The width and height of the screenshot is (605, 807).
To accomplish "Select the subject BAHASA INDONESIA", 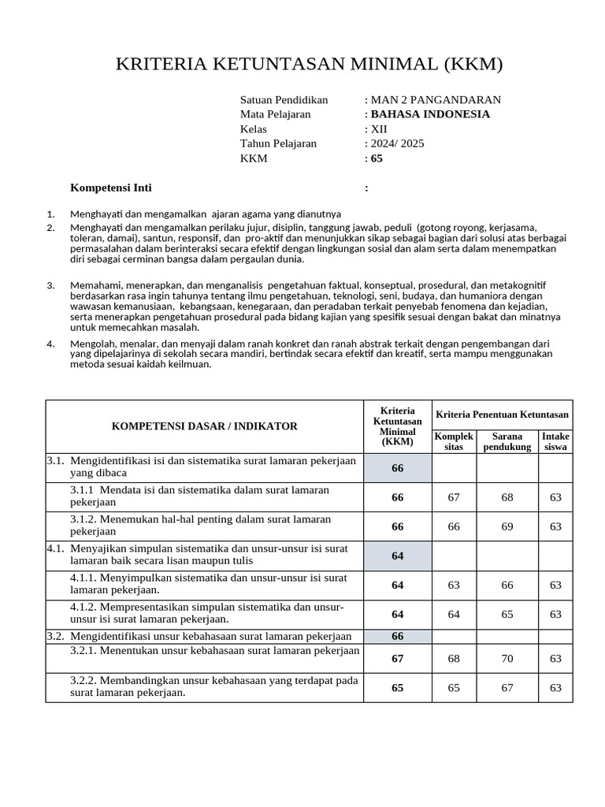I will point(430,114).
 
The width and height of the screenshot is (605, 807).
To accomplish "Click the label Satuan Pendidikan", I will point(284,100).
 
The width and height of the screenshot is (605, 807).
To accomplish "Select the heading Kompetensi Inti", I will point(111,188).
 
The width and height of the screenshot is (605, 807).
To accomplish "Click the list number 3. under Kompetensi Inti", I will point(51,285).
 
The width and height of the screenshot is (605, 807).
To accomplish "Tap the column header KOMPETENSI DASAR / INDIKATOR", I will point(205,426).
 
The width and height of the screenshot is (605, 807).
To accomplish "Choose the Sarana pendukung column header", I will point(507,441).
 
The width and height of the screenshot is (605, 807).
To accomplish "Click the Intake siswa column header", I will point(555,441).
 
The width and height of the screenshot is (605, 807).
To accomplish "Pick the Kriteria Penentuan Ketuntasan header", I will point(502,415).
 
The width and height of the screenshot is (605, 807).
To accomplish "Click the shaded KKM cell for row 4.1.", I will point(397,556).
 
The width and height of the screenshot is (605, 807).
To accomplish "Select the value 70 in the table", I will point(507,658).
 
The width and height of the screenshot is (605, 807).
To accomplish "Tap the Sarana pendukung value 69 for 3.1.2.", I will point(507,526).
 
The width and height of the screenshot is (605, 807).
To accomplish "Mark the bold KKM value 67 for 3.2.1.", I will point(397,658).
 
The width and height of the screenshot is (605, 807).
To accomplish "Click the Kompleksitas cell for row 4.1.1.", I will point(454,585).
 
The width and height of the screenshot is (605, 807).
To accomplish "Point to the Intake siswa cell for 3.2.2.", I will point(555,687).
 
